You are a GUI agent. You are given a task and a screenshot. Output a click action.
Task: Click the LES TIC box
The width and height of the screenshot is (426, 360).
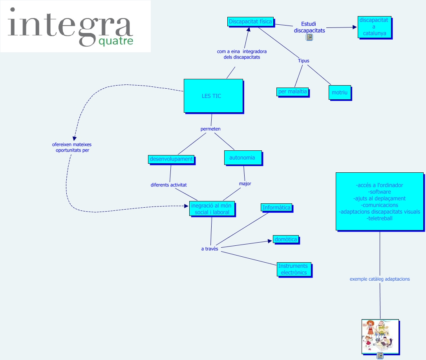pyautogui.click(x=213, y=96)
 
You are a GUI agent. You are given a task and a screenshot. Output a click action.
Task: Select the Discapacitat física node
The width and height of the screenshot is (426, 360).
pyautogui.click(x=250, y=22)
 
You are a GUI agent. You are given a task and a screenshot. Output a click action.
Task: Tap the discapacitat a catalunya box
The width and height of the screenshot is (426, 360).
pyautogui.click(x=374, y=27)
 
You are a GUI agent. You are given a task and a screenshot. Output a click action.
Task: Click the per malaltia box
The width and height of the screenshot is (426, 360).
pyautogui.click(x=292, y=91)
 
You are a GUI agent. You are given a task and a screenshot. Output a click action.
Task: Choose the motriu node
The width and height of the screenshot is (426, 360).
pyautogui.click(x=339, y=93)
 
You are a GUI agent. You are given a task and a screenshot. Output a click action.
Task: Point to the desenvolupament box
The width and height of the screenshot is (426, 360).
pyautogui.click(x=171, y=159)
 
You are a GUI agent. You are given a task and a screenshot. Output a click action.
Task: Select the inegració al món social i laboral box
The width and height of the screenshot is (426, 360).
pyautogui.click(x=212, y=209)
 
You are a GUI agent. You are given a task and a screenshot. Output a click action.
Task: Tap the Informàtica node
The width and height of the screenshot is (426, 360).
pyautogui.click(x=276, y=208)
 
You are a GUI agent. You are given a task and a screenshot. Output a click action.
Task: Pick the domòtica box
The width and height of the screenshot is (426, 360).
pyautogui.click(x=285, y=239)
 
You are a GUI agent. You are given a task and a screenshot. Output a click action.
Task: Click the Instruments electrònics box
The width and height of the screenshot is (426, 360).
pyautogui.click(x=294, y=269)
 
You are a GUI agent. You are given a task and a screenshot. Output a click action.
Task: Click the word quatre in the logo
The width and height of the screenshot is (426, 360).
pyautogui.click(x=116, y=42)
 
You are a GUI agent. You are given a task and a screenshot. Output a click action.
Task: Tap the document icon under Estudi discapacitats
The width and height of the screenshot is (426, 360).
pyautogui.click(x=309, y=37)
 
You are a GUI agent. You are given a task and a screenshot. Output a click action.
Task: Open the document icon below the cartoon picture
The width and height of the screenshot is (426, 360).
pyautogui.click(x=380, y=356)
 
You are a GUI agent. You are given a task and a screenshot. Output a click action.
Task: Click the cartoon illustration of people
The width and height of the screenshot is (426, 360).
pyautogui.click(x=380, y=336)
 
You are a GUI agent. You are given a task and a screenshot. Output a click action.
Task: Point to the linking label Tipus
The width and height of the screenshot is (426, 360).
pyautogui.click(x=304, y=61)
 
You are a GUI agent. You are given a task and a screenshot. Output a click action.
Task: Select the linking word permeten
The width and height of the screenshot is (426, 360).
pyautogui.click(x=210, y=129)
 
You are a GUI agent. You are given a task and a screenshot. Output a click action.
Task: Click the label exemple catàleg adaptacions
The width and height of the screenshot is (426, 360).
pyautogui.click(x=380, y=279)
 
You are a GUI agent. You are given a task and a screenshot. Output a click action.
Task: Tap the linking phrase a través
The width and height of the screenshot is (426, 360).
pyautogui.click(x=210, y=249)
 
